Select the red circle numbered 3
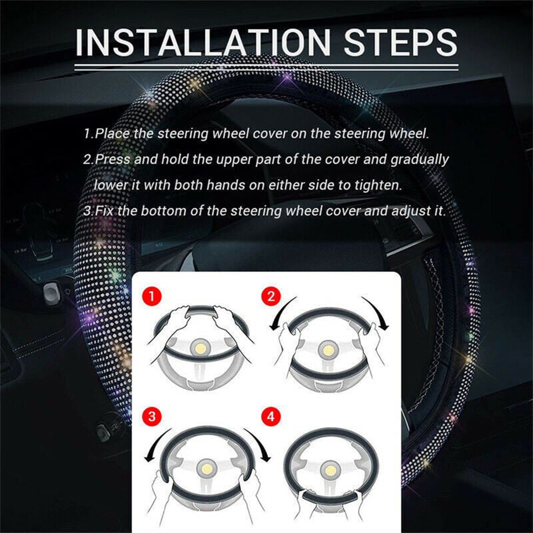(152, 416)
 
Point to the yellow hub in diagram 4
(330, 470)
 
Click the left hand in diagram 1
(177, 318)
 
